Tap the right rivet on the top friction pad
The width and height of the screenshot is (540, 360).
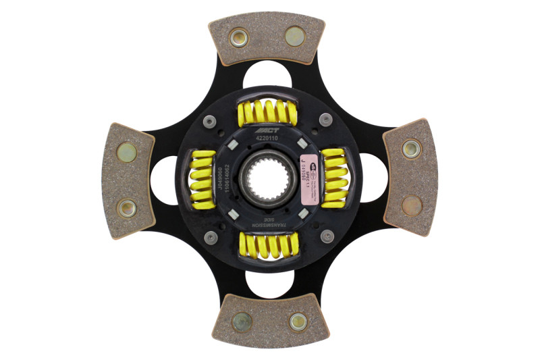pos(295,35)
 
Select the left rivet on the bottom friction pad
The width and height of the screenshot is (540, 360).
pos(242,321)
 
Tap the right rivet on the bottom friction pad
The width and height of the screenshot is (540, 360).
pos(298,322)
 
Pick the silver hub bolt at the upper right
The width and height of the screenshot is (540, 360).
pos(326,120)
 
